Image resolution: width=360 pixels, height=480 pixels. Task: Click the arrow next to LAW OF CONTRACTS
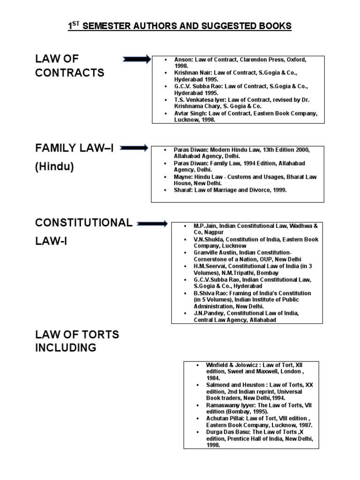point(137,59)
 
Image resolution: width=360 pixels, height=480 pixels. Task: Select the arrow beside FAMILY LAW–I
point(134,148)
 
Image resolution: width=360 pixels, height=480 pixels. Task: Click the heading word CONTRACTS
point(70,73)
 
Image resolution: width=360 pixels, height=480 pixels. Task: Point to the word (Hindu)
point(54,167)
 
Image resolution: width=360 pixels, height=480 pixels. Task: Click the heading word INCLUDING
point(66,348)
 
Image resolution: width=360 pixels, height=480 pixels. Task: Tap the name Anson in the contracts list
point(183,60)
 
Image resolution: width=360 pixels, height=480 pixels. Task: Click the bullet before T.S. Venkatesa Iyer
point(166,100)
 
